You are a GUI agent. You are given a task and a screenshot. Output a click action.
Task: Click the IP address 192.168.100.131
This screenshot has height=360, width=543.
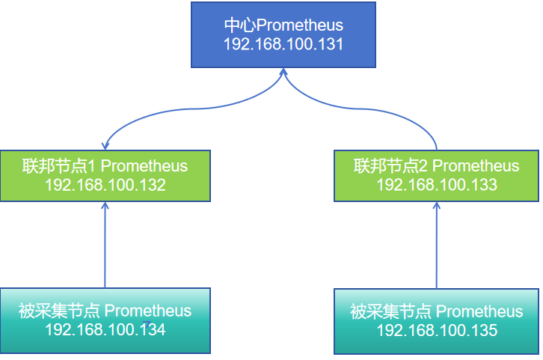click(283, 44)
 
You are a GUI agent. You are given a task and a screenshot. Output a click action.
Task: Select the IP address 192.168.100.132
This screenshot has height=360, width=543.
click(105, 185)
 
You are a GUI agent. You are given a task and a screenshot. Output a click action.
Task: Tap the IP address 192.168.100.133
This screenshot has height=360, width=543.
click(436, 185)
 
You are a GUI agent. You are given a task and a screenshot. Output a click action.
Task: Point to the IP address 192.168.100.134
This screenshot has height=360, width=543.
click(105, 329)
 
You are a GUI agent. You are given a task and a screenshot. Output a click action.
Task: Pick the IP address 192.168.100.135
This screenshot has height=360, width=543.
click(436, 330)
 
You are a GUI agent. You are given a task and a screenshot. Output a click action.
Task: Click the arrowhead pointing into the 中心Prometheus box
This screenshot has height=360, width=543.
click(283, 72)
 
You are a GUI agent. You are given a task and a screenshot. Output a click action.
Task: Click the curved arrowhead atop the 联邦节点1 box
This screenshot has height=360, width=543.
click(106, 144)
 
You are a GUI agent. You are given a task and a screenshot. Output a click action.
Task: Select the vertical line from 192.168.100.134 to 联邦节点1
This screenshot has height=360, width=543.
click(105, 247)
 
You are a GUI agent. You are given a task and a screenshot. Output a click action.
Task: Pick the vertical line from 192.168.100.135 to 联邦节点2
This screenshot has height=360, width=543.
click(437, 247)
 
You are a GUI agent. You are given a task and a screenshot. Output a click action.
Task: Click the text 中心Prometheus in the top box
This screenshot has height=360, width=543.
click(283, 25)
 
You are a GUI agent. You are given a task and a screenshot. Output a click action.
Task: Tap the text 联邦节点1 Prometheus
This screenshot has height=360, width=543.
click(105, 165)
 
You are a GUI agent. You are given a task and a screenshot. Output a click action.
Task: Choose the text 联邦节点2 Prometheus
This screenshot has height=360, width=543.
click(436, 165)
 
